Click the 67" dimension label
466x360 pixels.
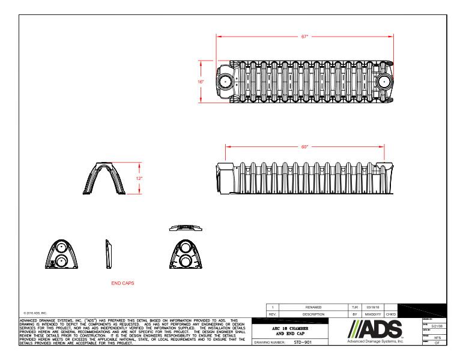point(304,37)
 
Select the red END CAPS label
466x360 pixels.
point(123,282)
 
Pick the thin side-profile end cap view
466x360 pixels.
point(108,254)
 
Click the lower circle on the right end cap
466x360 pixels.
point(186,260)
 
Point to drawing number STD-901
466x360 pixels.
point(309,343)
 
